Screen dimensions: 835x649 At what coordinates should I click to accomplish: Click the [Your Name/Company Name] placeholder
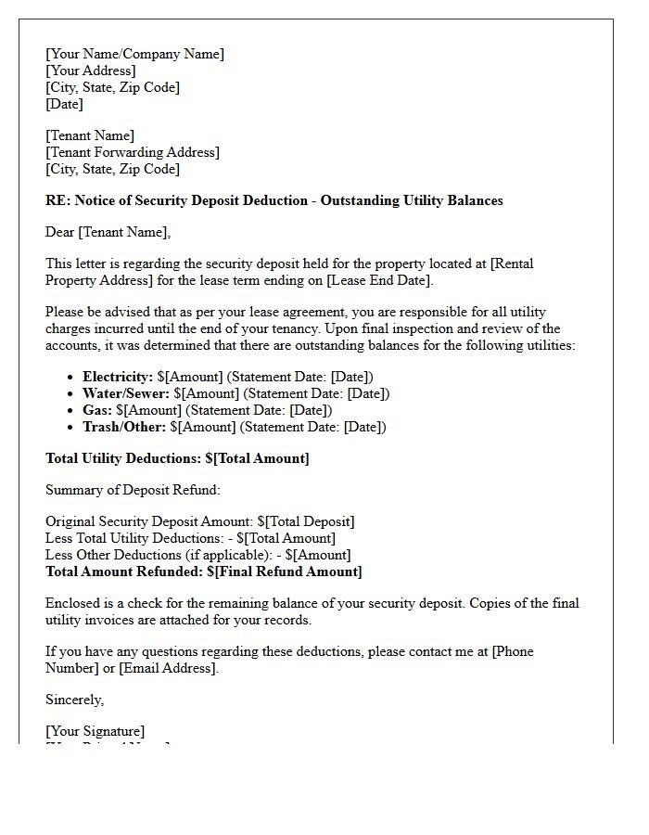coord(134,54)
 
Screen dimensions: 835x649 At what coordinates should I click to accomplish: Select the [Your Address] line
coord(90,71)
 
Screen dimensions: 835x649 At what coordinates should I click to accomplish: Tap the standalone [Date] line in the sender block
coord(64,104)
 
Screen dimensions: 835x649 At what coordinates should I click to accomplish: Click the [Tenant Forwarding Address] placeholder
coord(133,152)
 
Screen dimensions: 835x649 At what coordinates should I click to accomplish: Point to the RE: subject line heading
coord(274,200)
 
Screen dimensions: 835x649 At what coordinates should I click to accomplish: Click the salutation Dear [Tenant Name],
coord(108,232)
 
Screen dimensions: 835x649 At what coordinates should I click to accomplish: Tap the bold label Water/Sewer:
coord(126,393)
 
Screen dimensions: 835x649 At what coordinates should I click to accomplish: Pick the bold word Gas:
coord(97,410)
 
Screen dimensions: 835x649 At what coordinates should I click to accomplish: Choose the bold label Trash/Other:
coord(124,427)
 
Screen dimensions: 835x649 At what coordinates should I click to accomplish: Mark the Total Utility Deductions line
coord(177,458)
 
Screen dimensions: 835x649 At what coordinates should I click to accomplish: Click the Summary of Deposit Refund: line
coord(133,490)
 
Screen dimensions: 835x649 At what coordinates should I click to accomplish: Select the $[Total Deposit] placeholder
coord(306,521)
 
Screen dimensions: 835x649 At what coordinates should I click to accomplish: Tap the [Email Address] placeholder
coord(168,668)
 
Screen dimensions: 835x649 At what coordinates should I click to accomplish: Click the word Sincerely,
coord(75,700)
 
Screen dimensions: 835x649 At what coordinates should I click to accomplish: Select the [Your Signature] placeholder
coord(95,731)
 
